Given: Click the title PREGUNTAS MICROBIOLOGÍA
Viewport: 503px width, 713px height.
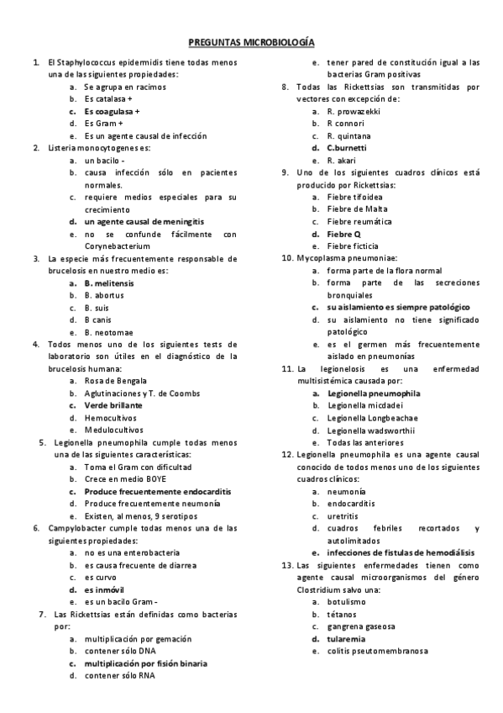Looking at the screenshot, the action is pyautogui.click(x=251, y=40).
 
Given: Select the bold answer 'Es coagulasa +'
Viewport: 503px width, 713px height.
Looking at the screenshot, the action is pyautogui.click(x=112, y=111).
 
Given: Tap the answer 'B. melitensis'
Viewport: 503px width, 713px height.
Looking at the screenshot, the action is pyautogui.click(x=108, y=283).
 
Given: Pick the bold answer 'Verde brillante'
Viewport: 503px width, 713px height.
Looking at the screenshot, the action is pyautogui.click(x=113, y=405).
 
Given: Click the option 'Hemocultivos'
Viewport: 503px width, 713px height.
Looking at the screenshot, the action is pyautogui.click(x=110, y=417).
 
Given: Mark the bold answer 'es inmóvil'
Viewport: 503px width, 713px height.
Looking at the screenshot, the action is pyautogui.click(x=104, y=589).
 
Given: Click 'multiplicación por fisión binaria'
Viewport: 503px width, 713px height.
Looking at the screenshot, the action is pyautogui.click(x=145, y=663).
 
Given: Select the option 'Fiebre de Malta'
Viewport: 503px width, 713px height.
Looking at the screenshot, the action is pyautogui.click(x=356, y=209).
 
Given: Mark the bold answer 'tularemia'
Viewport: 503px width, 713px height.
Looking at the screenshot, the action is pyautogui.click(x=346, y=638).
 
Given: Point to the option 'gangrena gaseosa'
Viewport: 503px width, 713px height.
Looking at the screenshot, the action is pyautogui.click(x=361, y=626).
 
